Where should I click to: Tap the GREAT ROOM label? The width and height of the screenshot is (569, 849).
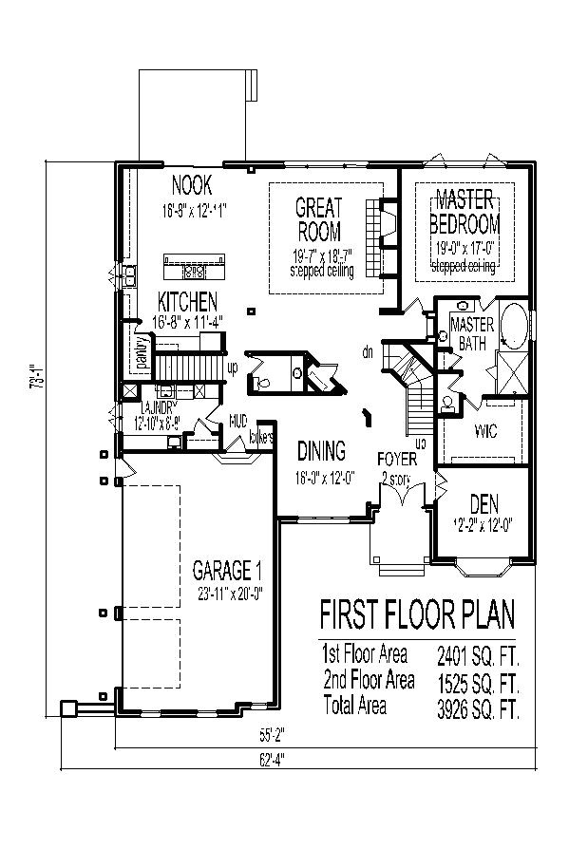coord(318,219)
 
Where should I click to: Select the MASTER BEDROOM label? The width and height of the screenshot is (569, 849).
coord(465,212)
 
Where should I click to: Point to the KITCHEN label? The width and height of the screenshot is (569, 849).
coord(187,302)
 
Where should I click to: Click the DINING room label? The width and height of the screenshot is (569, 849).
coord(321,451)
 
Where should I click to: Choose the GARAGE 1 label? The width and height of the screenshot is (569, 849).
coord(227,571)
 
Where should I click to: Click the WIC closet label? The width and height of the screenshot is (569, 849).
coord(484,432)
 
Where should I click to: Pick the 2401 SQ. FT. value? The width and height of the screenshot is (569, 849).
coord(478,654)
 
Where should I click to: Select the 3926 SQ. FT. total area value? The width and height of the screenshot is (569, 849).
coord(478,707)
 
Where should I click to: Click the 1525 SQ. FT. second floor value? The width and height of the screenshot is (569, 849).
coord(478,681)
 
